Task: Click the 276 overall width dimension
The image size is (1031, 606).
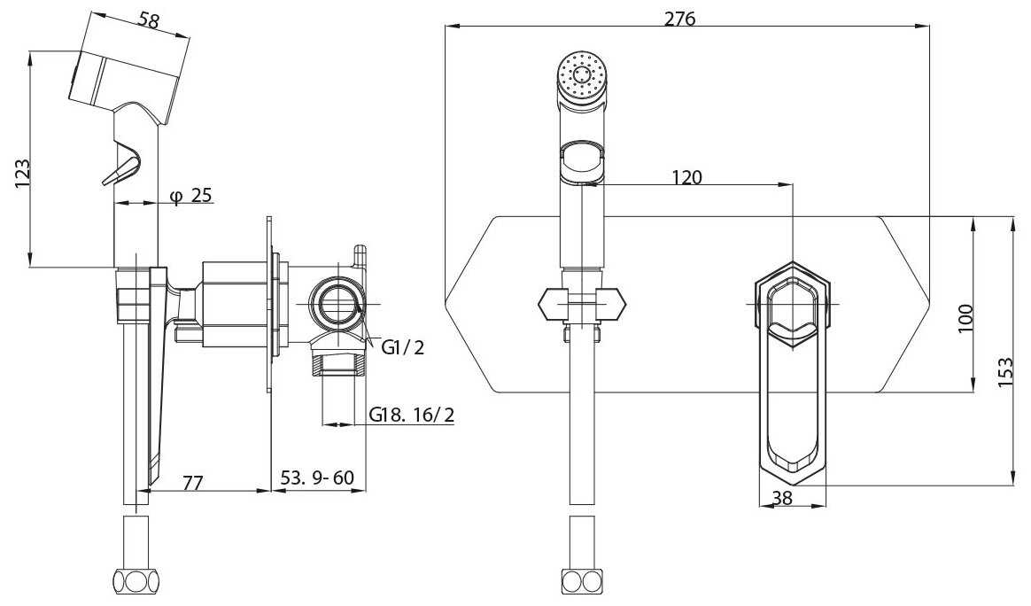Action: coord(679,19)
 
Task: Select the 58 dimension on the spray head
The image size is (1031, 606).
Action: coord(150,20)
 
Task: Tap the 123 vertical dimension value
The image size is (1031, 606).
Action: coord(22,174)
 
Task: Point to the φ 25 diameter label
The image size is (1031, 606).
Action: coord(190,196)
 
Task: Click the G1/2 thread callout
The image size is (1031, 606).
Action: coord(403,346)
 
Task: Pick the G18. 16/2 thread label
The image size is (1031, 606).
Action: coord(412,415)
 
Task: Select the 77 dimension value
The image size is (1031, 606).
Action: coord(192,482)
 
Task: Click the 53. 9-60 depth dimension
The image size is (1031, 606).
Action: coord(318,478)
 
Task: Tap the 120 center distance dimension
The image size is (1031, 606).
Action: coord(687,177)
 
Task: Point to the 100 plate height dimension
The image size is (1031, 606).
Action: coord(965,318)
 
